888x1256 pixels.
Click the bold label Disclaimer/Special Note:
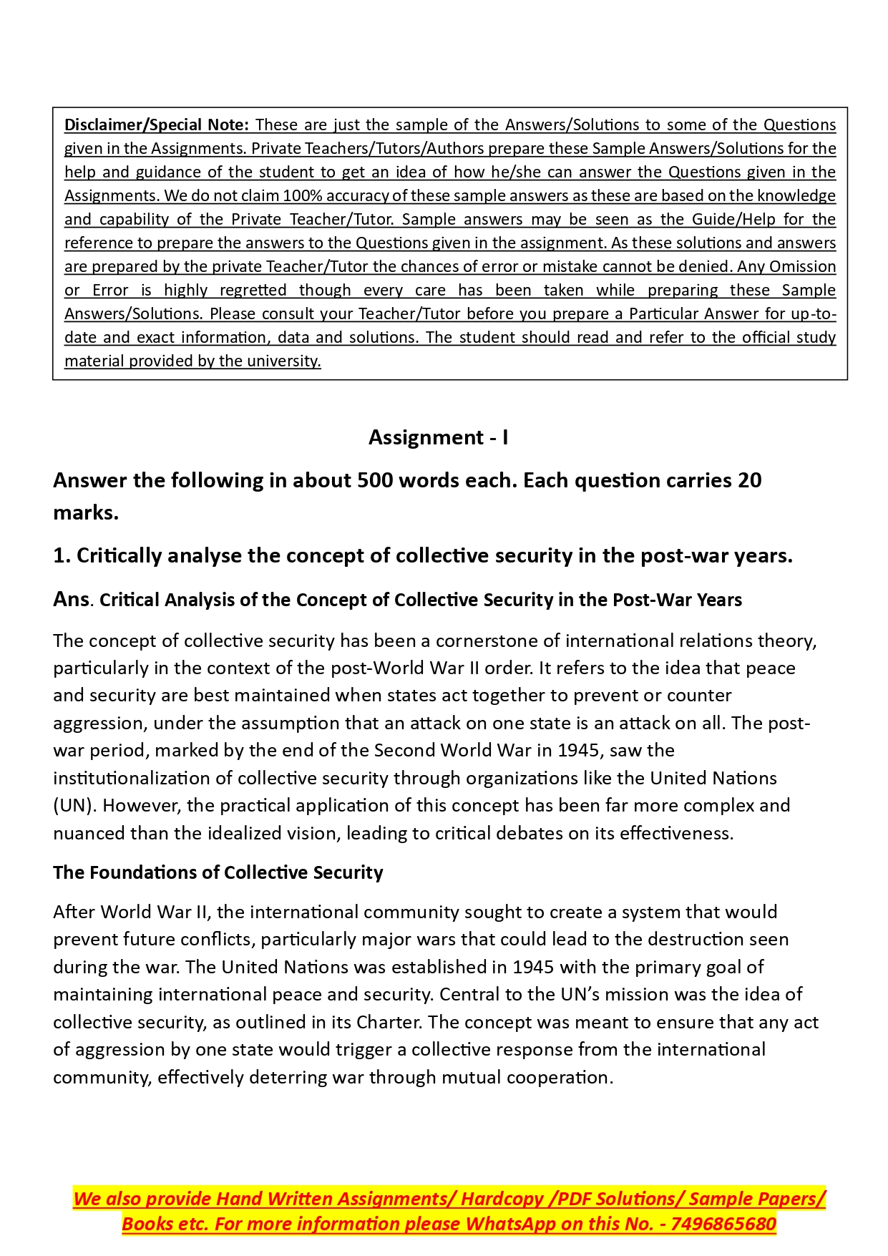coord(156,125)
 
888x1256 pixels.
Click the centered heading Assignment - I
coord(438,437)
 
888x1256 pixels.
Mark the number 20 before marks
coord(749,480)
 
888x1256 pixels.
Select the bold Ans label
coord(71,599)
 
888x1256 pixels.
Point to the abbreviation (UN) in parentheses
coord(74,805)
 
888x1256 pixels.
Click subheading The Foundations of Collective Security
coord(218,872)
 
